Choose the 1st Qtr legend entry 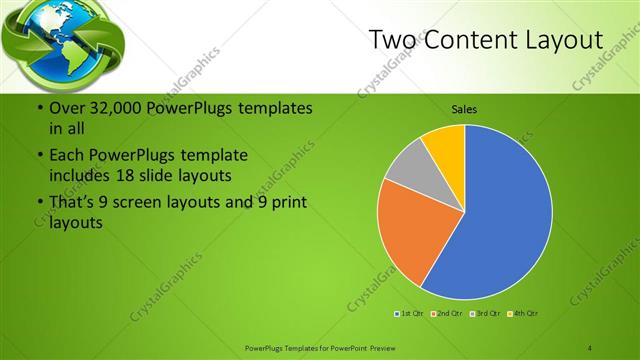click(x=410, y=315)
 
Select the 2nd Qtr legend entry click(x=446, y=315)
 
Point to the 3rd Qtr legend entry click(x=483, y=315)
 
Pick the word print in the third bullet click(x=287, y=203)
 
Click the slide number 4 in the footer click(x=590, y=346)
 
